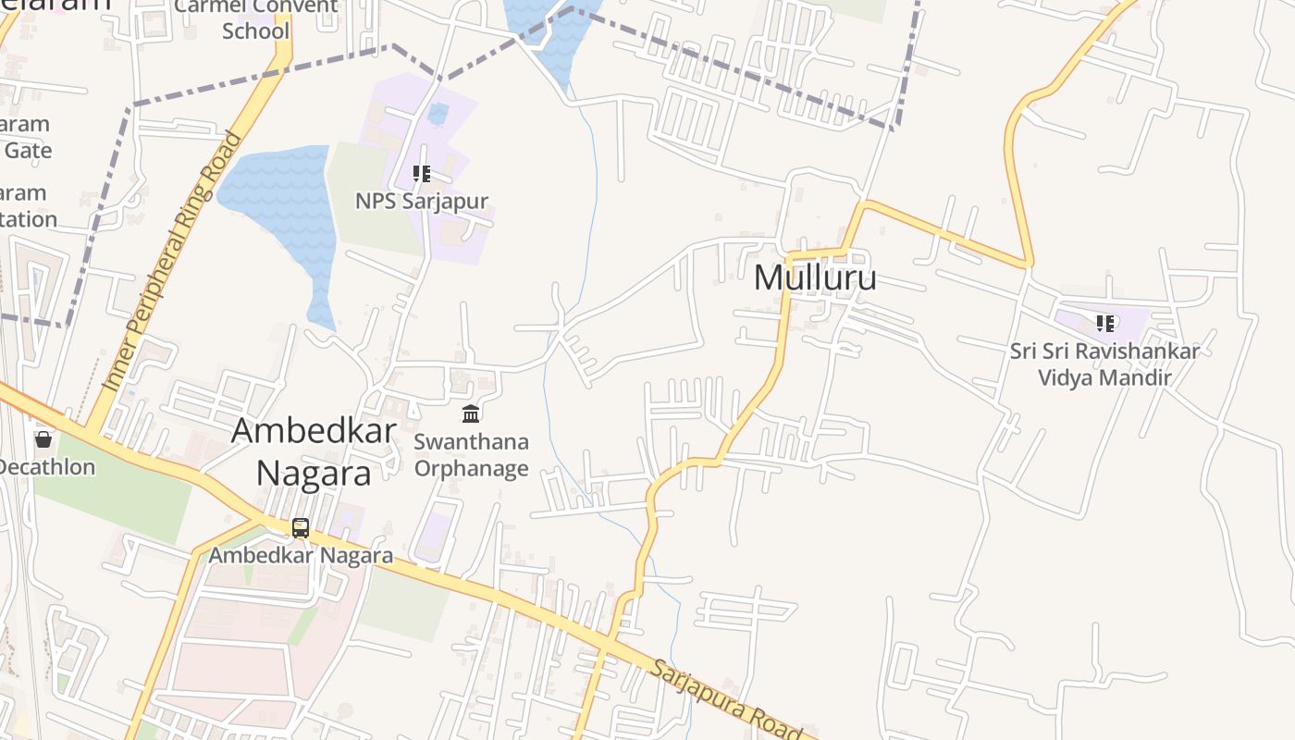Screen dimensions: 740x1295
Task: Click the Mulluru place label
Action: pos(815,277)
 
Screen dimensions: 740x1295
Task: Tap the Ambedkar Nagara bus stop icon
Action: pos(301,528)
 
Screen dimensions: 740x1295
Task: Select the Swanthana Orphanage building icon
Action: pos(471,413)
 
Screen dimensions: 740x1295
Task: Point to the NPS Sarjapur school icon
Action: pos(422,174)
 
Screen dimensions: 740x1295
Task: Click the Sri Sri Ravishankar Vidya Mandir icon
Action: pos(1105,324)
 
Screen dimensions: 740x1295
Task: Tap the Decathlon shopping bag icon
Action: pos(43,438)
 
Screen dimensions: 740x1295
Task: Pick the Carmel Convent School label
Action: pos(256,18)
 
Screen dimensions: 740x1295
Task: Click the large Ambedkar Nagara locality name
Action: pos(314,451)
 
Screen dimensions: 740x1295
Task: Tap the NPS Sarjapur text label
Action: pos(422,201)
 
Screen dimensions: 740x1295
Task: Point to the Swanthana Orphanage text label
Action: pos(471,454)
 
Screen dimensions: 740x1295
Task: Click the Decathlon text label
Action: pos(46,466)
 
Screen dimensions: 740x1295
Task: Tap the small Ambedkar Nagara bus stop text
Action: pos(301,555)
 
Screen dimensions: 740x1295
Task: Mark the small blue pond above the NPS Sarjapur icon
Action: pos(438,114)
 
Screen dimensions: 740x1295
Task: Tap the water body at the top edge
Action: pos(550,28)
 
